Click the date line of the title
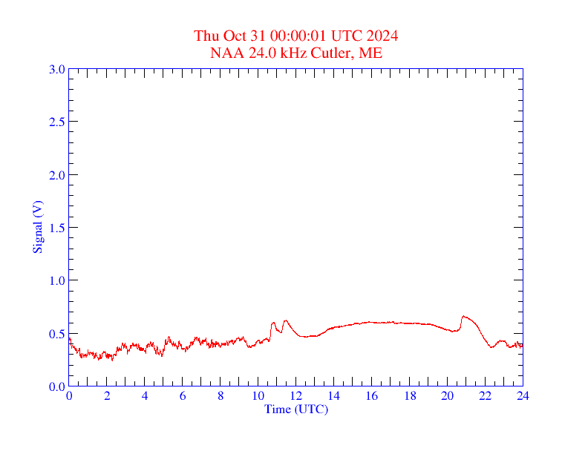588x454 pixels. [x=296, y=36]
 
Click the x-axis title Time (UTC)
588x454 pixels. [x=296, y=409]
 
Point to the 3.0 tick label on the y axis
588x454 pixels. [x=56, y=69]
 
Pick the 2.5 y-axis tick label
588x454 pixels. [x=56, y=122]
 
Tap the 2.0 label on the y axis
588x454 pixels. [x=56, y=175]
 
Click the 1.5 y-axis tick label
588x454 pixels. [x=56, y=228]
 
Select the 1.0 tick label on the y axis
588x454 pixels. [x=56, y=280]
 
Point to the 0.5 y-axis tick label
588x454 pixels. [x=56, y=334]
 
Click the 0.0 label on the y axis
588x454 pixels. [x=56, y=386]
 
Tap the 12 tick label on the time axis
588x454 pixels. [x=295, y=397]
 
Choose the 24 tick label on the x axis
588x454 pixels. [x=523, y=397]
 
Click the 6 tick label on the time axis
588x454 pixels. [x=183, y=397]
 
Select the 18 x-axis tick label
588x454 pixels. [x=409, y=397]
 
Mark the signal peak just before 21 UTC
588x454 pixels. [x=463, y=316]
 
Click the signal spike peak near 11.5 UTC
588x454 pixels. [x=285, y=320]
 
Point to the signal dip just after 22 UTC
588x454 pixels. [x=491, y=346]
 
